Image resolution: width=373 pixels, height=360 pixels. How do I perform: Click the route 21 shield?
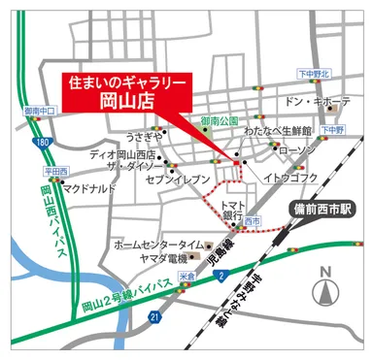[x=153, y=317]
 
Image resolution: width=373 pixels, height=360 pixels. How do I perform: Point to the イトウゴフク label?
[x=290, y=178]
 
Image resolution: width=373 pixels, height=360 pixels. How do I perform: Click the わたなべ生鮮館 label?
[x=277, y=130]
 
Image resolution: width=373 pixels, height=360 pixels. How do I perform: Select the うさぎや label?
[x=144, y=137]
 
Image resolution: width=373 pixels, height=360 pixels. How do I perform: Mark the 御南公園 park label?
[x=219, y=121]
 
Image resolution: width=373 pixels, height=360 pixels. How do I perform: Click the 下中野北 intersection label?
[x=313, y=73]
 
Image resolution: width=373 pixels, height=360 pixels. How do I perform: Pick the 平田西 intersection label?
[x=55, y=171]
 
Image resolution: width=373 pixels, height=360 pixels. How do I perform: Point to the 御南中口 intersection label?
[x=37, y=111]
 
